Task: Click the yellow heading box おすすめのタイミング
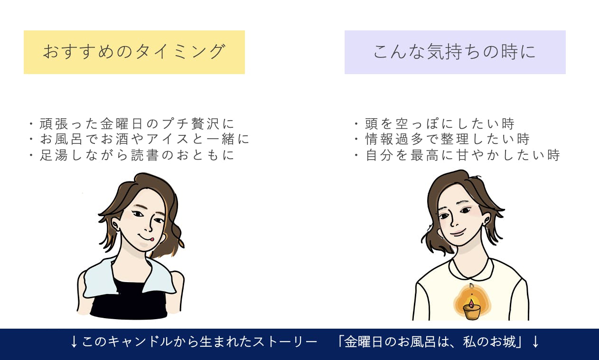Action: tap(134, 52)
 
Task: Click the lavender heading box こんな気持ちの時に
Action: tap(455, 52)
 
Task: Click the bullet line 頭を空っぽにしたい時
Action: tap(435, 123)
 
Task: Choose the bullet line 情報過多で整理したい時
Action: tap(442, 139)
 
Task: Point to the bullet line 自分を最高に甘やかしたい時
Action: tap(457, 155)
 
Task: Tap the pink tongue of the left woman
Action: tap(152, 239)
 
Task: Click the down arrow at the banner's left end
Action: tap(74, 342)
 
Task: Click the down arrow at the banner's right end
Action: tap(535, 342)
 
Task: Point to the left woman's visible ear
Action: tap(115, 226)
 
